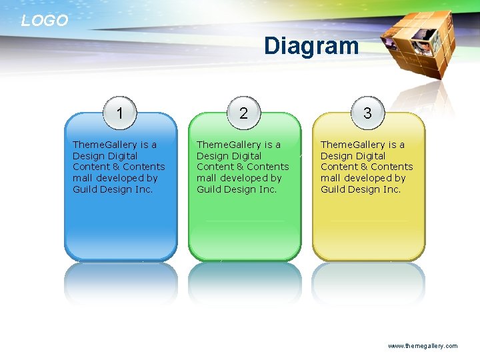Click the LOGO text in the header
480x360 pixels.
point(45,21)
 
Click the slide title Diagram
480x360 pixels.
point(311,46)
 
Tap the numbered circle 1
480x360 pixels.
point(119,113)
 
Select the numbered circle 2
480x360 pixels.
point(243,113)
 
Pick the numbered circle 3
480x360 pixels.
point(367,113)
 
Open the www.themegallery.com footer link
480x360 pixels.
point(423,346)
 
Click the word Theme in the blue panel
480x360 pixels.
point(85,145)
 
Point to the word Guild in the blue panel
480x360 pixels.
point(84,189)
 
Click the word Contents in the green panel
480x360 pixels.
point(267,167)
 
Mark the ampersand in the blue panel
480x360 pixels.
point(115,167)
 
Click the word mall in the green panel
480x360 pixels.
point(205,178)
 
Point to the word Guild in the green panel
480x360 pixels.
point(208,189)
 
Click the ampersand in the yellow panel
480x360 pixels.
point(363,167)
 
